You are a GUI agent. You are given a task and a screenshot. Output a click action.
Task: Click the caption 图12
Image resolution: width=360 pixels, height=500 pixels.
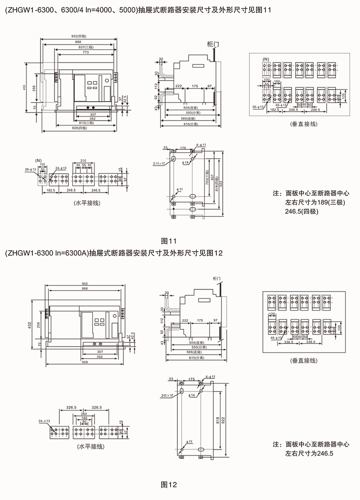[x=169, y=485]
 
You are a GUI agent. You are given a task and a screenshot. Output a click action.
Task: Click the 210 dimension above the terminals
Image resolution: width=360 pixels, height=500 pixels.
[x=83, y=161]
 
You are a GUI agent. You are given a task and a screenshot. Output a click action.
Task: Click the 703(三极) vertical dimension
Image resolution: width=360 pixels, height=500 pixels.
[x=207, y=178]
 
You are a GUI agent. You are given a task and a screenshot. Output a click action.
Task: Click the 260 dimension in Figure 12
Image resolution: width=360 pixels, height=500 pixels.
[x=84, y=414]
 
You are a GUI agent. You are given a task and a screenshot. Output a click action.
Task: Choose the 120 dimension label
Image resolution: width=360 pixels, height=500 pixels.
[x=271, y=314]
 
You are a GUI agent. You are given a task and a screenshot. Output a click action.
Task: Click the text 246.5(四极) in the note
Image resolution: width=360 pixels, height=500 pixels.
[x=302, y=210]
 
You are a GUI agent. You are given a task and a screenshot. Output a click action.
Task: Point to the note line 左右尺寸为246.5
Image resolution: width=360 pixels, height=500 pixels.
[x=310, y=454]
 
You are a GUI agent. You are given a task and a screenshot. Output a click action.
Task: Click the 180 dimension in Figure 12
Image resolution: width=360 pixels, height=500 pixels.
[x=84, y=418]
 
